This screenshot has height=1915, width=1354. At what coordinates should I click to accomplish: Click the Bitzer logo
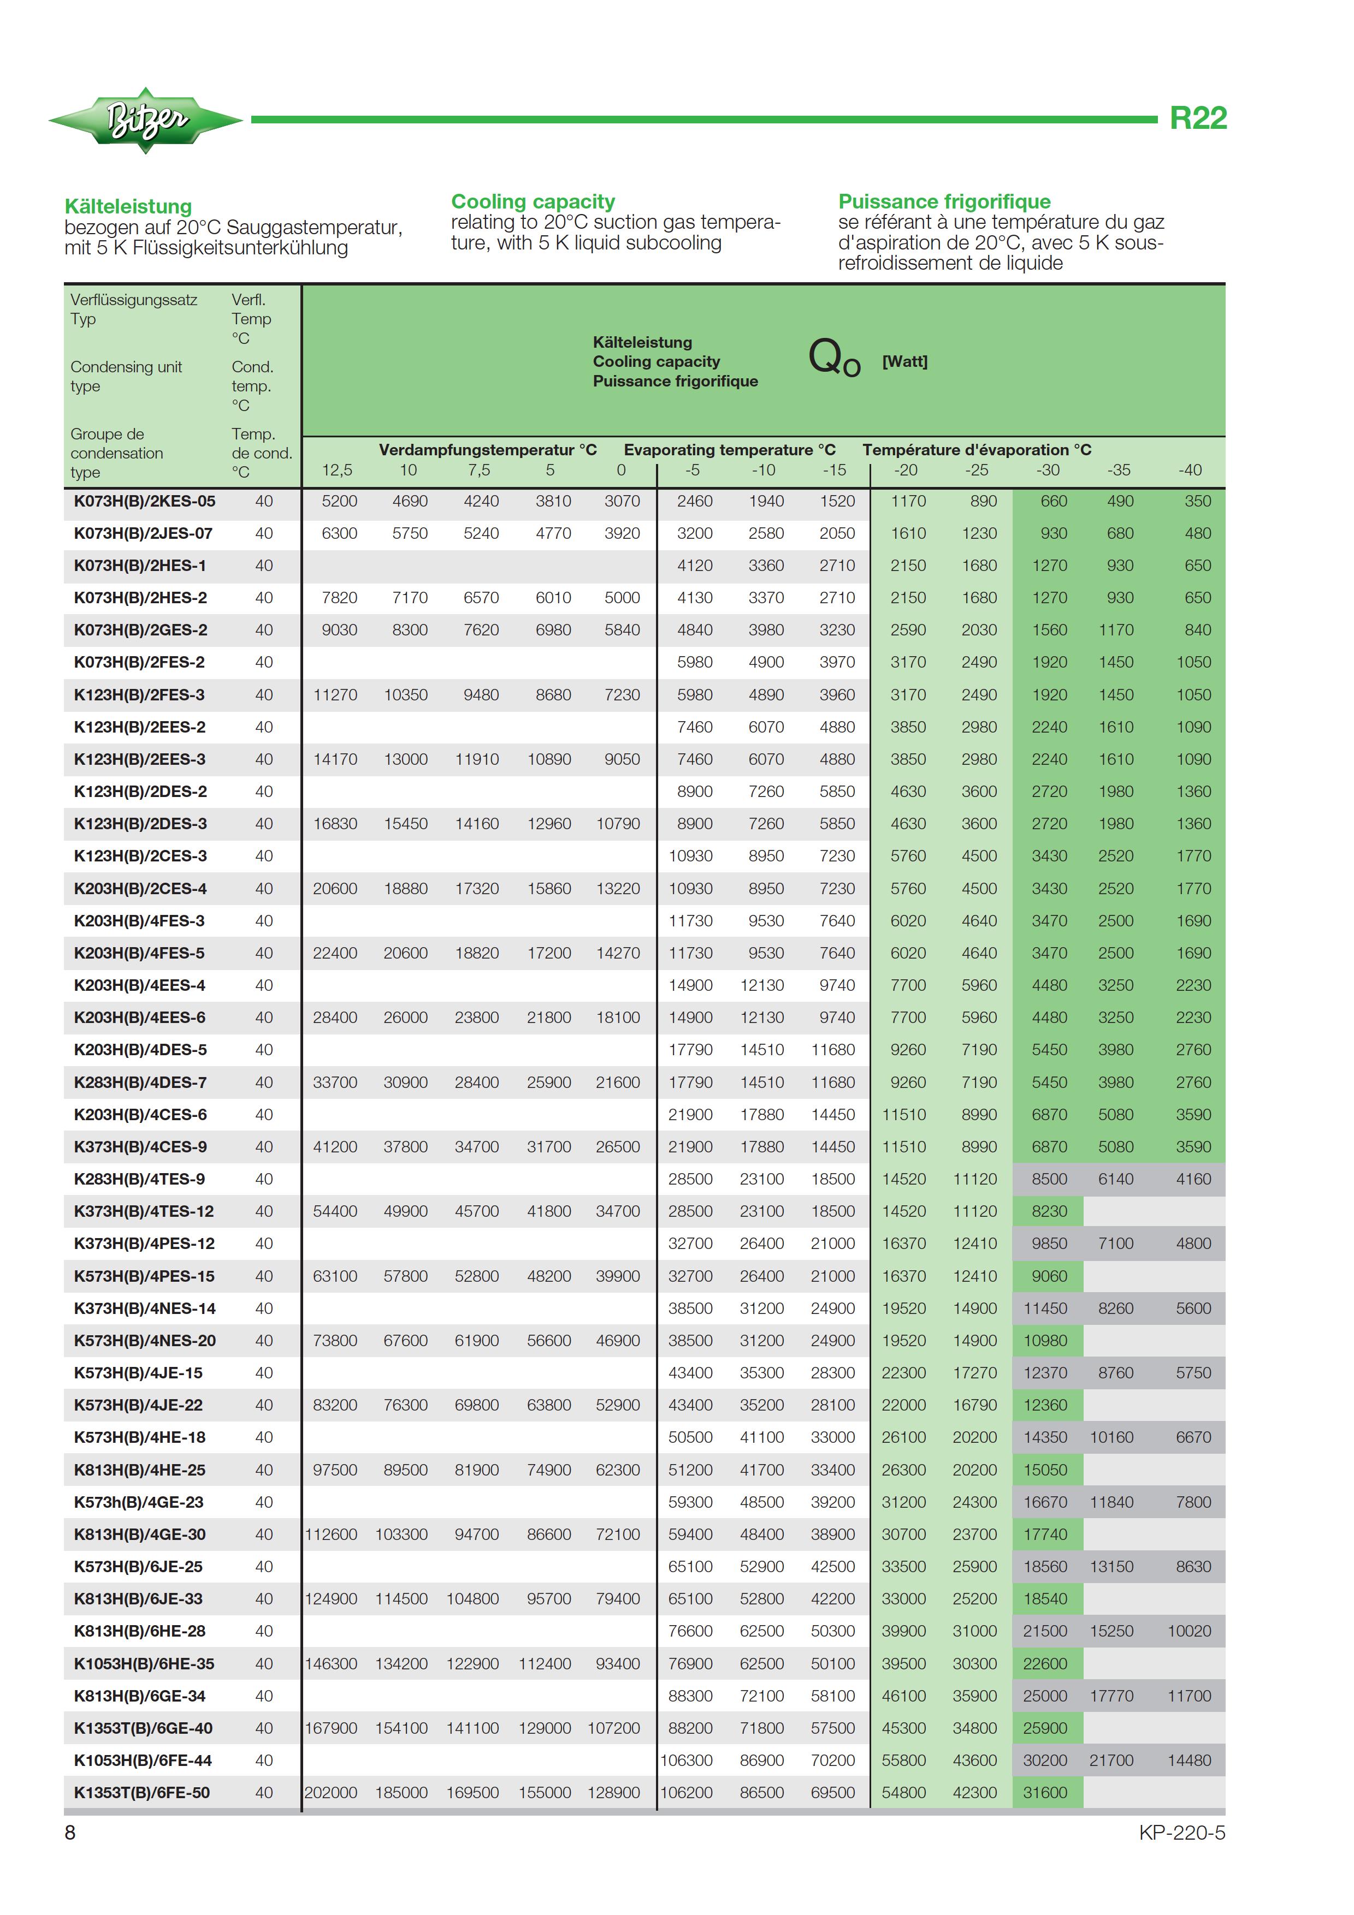tap(146, 120)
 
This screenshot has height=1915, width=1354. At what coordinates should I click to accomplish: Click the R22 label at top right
tap(1197, 118)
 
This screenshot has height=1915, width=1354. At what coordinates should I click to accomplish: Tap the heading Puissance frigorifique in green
tap(944, 202)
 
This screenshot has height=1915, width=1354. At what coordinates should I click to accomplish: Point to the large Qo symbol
tap(832, 359)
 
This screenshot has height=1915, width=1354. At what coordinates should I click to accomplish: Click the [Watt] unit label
tap(904, 361)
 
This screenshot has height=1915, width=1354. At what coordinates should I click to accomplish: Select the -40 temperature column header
tap(1190, 471)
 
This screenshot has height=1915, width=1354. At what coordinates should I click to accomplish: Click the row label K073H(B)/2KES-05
tap(144, 501)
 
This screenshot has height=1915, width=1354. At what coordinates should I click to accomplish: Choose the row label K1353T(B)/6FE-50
tap(142, 1792)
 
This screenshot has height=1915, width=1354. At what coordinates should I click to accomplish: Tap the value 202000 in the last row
tap(330, 1792)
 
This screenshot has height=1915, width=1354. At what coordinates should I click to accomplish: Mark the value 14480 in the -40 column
tap(1189, 1760)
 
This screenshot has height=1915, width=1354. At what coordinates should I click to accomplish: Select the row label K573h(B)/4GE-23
tap(139, 1502)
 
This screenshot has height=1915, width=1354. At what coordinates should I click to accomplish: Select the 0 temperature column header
tap(620, 471)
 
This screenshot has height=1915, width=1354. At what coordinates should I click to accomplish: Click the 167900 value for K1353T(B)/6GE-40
tap(330, 1728)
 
